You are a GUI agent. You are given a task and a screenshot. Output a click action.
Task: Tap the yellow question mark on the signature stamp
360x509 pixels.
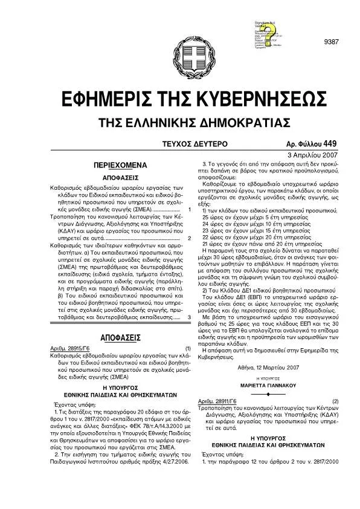tap(266, 32)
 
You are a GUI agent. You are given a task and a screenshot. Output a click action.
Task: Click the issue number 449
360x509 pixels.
tap(330, 144)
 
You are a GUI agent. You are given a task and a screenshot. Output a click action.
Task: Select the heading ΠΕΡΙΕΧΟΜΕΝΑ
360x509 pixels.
tap(117, 165)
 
